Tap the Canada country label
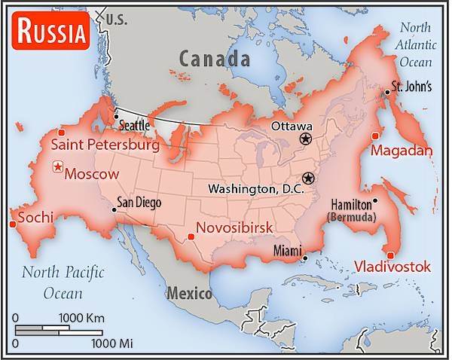click(x=214, y=58)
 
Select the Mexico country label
click(x=189, y=293)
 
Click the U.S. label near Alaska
click(x=118, y=19)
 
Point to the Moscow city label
click(x=92, y=174)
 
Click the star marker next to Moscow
click(x=56, y=167)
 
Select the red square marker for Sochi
click(x=12, y=223)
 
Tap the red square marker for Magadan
click(x=375, y=136)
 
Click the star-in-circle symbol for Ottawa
click(x=305, y=139)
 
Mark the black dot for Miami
click(x=305, y=258)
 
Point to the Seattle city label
click(x=136, y=124)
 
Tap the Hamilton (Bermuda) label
click(x=352, y=210)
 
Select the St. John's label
click(x=411, y=86)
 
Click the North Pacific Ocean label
click(x=63, y=281)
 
